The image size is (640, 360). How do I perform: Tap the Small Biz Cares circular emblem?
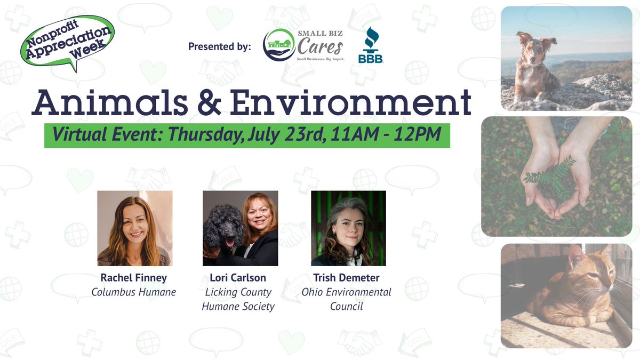(279, 45)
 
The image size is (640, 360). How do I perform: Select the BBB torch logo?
(370, 45)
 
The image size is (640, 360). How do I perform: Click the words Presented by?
(219, 47)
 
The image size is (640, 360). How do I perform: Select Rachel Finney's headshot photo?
(134, 228)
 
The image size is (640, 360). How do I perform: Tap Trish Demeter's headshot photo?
(348, 228)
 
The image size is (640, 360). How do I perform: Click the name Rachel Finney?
(133, 278)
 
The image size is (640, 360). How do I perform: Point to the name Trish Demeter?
(347, 278)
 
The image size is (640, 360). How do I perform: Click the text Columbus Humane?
(133, 292)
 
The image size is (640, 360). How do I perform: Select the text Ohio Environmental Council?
(347, 299)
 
